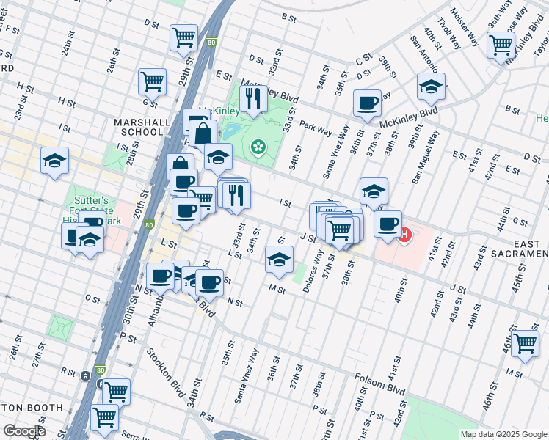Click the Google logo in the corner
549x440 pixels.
coord(24,431)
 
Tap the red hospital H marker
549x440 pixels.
coord(404,235)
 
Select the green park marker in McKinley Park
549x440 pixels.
coord(258,148)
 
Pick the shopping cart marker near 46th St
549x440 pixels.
coord(525,343)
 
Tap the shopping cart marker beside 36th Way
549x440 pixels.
coord(501,44)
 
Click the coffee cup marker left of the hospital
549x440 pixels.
coord(388,223)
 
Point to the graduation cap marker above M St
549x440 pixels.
coord(278,259)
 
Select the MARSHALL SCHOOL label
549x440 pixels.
coord(138,127)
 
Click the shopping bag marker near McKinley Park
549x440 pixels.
coord(203,134)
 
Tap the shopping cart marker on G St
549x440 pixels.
coord(152,81)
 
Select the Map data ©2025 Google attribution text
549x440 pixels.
coord(503,433)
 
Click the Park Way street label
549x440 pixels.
coord(316,128)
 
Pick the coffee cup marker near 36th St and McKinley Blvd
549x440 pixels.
coord(366,103)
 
